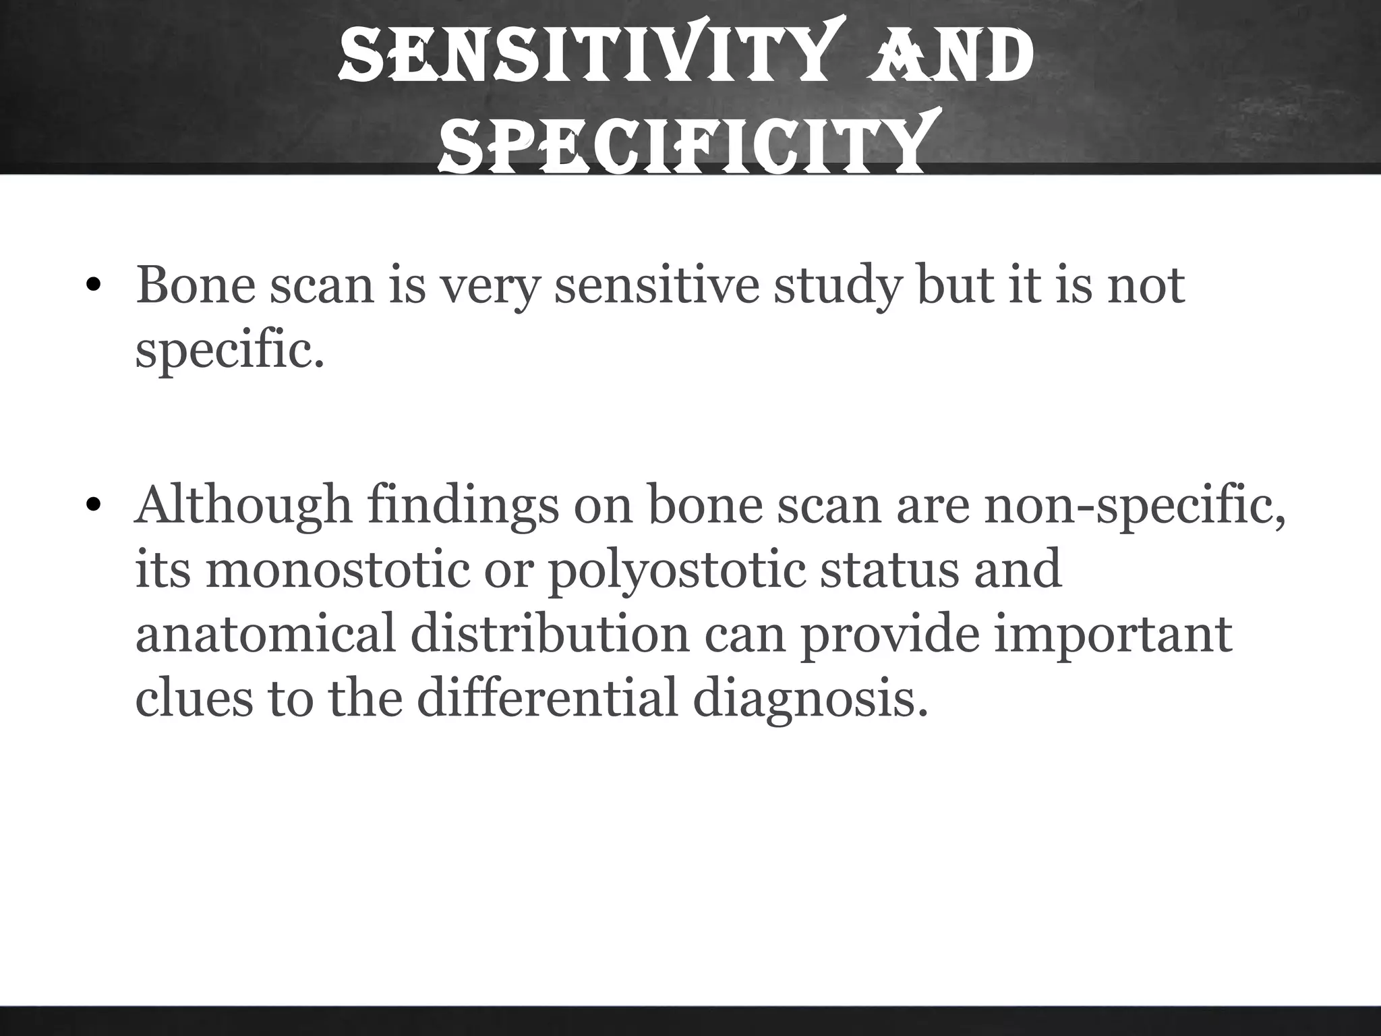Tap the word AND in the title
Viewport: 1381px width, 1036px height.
coord(951,56)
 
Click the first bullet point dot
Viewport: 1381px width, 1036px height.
coord(94,287)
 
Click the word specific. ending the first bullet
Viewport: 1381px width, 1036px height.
coord(229,352)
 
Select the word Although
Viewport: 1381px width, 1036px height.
coord(243,506)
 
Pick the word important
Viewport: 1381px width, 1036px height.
coord(1113,636)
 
